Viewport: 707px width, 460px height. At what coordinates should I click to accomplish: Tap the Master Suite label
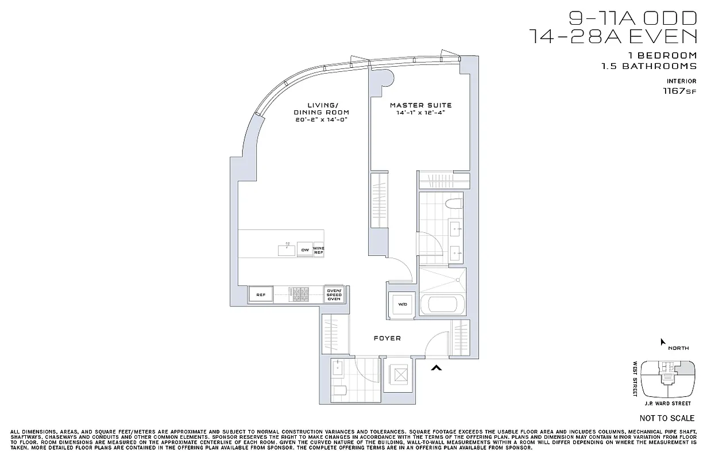[x=420, y=105]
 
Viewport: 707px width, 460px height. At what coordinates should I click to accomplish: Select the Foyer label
[x=387, y=338]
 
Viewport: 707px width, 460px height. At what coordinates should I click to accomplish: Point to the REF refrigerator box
[x=260, y=295]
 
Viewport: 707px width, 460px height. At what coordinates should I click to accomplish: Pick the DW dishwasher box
[x=304, y=250]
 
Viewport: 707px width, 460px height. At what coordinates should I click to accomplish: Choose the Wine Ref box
[x=318, y=250]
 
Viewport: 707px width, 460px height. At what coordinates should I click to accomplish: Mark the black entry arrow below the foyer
[x=436, y=368]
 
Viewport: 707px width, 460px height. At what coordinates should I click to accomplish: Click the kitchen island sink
[x=286, y=249]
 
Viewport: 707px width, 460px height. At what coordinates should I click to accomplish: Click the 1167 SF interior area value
[x=679, y=91]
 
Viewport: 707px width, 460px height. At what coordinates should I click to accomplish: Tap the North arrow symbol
[x=663, y=342]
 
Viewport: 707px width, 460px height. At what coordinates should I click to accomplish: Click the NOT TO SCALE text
[x=667, y=418]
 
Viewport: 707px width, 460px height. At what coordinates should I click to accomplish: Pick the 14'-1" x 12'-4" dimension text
[x=420, y=113]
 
